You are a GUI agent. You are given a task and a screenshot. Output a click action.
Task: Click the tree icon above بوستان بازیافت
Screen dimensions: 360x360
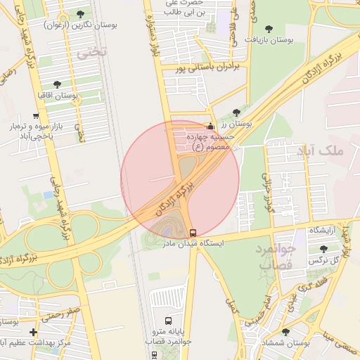tap(269, 29)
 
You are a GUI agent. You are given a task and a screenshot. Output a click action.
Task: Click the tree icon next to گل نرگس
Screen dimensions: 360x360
tap(323, 249)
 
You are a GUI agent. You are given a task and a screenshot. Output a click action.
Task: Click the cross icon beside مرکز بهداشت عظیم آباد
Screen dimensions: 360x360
tap(33, 332)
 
